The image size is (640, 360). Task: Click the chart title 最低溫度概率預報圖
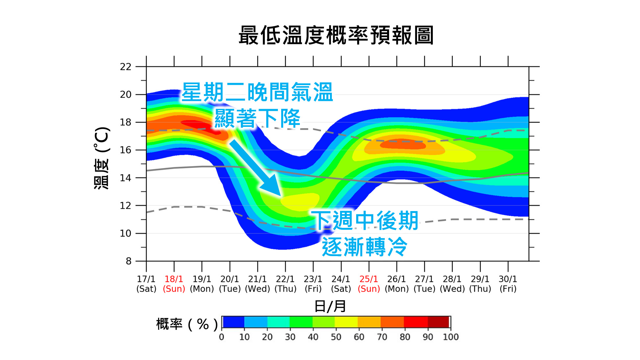tap(336, 35)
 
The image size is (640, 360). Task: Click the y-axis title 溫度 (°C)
tap(102, 157)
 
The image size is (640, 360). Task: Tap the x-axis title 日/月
tap(330, 306)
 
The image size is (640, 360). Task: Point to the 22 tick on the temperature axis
tap(126, 67)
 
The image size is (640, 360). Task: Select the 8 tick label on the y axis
tap(128, 261)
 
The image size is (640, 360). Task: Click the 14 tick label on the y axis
tap(126, 178)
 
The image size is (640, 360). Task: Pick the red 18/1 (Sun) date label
tap(174, 284)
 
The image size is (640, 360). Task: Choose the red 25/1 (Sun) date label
tap(369, 284)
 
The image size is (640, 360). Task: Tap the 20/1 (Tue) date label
tap(230, 284)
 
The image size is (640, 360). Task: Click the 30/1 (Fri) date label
tap(508, 284)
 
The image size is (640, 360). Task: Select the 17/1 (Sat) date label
tap(146, 284)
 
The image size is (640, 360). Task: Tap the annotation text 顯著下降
tap(257, 118)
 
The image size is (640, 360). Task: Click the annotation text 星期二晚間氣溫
tap(257, 92)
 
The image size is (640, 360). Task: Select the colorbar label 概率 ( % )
tap(186, 324)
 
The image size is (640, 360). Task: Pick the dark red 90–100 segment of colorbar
tap(438, 322)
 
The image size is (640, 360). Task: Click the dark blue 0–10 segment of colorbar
tap(233, 322)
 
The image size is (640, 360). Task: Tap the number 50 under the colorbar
tap(336, 337)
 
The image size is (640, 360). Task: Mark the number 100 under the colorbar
tap(450, 337)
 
